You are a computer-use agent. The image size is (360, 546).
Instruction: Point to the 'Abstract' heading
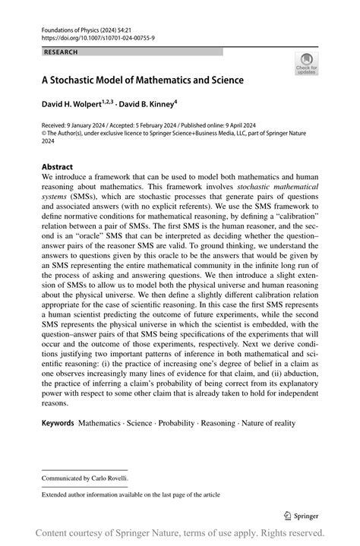[58, 166]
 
